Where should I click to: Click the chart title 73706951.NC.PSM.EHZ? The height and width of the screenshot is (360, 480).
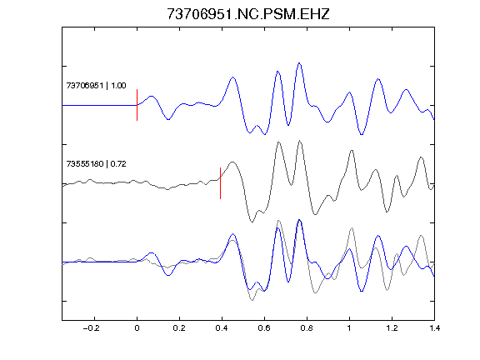pyautogui.click(x=248, y=14)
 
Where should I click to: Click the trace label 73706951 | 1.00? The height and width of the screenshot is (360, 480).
pyautogui.click(x=96, y=85)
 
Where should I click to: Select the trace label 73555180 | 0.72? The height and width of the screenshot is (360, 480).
pyautogui.click(x=96, y=164)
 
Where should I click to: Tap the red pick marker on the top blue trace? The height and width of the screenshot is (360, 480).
pyautogui.click(x=137, y=105)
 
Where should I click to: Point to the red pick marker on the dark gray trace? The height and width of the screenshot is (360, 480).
pyautogui.click(x=220, y=183)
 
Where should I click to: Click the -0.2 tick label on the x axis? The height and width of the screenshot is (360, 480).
pyautogui.click(x=91, y=328)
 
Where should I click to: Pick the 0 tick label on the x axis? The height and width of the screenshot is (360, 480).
pyautogui.click(x=137, y=328)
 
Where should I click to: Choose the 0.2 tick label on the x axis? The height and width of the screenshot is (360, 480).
pyautogui.click(x=179, y=328)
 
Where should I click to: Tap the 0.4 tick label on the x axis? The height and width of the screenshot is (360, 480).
pyautogui.click(x=222, y=328)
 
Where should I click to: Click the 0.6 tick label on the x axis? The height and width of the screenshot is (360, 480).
pyautogui.click(x=264, y=328)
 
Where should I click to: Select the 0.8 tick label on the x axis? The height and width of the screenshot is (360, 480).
pyautogui.click(x=307, y=328)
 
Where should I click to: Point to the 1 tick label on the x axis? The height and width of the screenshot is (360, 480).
pyautogui.click(x=349, y=328)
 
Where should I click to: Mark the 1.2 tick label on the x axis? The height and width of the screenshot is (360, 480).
pyautogui.click(x=392, y=328)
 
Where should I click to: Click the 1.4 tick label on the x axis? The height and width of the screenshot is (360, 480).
pyautogui.click(x=434, y=328)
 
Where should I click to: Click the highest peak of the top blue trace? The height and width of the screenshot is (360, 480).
pyautogui.click(x=299, y=63)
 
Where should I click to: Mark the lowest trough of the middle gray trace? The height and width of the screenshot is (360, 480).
pyautogui.click(x=252, y=222)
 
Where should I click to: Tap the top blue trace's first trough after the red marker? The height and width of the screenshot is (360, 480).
pyautogui.click(x=168, y=119)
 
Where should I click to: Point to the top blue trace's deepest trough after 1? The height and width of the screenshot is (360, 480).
pyautogui.click(x=362, y=134)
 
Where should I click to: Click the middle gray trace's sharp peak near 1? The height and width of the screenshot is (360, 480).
pyautogui.click(x=352, y=150)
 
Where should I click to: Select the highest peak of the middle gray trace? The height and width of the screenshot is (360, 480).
pyautogui.click(x=300, y=141)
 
